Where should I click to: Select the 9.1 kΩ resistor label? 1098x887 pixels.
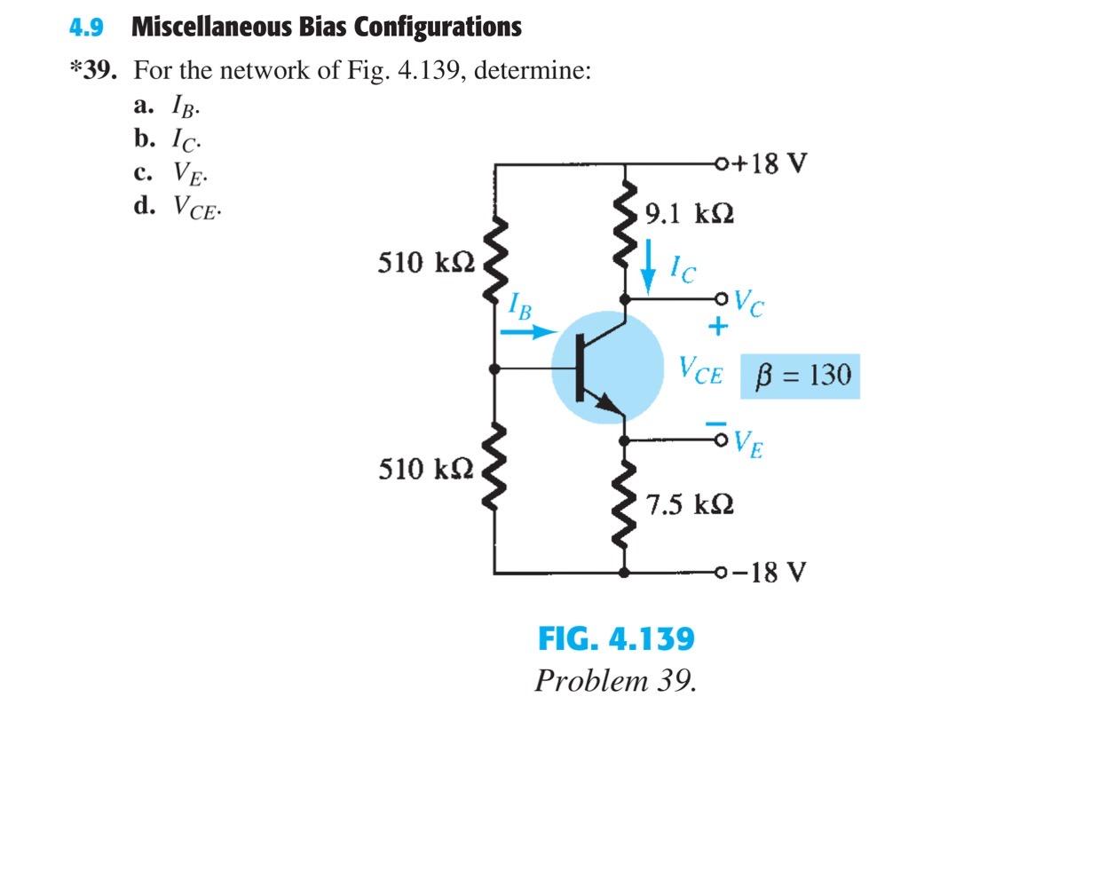[x=690, y=214]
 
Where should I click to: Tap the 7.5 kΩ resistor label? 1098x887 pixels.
[x=690, y=505]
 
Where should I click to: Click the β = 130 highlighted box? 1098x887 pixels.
[x=800, y=375]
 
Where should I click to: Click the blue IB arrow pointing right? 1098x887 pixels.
[x=526, y=333]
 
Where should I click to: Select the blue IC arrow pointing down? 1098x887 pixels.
[x=651, y=265]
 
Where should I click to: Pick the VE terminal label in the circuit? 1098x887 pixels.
[x=748, y=441]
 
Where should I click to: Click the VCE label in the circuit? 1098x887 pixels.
[x=700, y=369]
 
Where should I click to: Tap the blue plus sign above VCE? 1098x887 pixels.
[x=717, y=328]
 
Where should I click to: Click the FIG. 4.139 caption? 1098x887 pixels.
[x=616, y=638]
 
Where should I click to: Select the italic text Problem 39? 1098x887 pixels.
[x=615, y=681]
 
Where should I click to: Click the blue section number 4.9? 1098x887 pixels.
[x=86, y=28]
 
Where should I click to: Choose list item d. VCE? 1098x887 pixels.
[x=178, y=208]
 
